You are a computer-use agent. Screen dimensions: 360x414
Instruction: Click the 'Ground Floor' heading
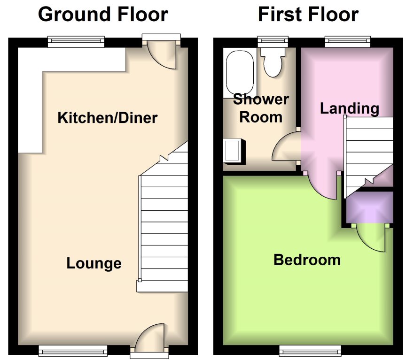click(x=102, y=15)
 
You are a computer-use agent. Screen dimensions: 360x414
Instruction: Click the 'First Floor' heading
click(x=308, y=15)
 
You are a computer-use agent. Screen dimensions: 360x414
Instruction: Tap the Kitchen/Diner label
click(x=107, y=117)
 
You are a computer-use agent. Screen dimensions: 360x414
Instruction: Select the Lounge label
click(x=94, y=263)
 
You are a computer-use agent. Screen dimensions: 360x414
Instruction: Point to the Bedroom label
click(x=307, y=260)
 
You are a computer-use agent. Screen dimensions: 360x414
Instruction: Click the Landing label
click(x=349, y=108)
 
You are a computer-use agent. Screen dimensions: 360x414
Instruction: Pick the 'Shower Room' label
click(x=261, y=108)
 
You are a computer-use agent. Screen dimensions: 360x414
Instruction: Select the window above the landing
click(x=348, y=42)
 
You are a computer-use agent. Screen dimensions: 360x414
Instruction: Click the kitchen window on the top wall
click(x=76, y=42)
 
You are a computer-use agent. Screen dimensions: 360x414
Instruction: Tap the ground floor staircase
click(x=164, y=225)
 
